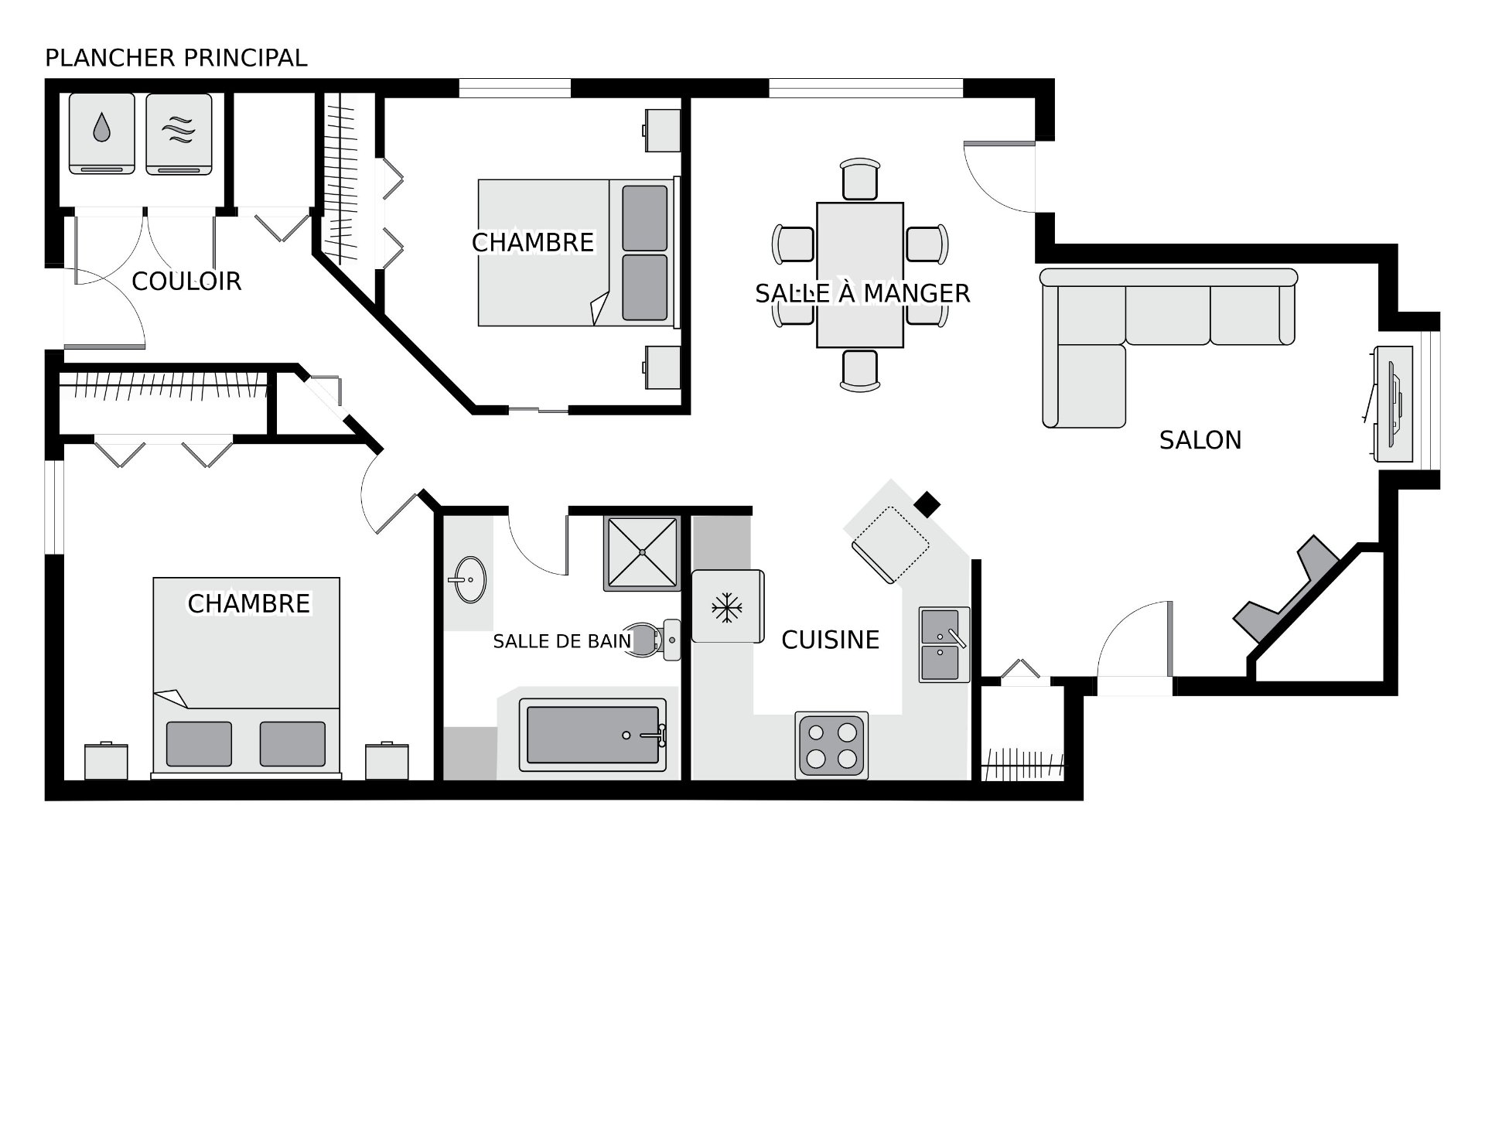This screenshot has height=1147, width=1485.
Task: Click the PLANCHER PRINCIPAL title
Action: pos(176,58)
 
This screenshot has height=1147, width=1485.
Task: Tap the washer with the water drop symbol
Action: pos(102,134)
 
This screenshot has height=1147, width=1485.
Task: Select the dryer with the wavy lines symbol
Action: pos(179,134)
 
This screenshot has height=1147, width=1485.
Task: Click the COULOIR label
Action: pos(186,281)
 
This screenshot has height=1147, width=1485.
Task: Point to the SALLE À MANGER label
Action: pos(862,293)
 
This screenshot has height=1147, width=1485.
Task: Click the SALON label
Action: pos(1200,440)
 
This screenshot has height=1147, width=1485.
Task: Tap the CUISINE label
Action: pos(830,640)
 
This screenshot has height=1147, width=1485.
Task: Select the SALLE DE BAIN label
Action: pos(562,641)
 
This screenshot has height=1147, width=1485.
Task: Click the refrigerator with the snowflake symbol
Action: pos(727,606)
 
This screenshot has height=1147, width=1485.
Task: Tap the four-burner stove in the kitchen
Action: pos(831,746)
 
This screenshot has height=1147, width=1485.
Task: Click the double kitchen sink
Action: pos(944,644)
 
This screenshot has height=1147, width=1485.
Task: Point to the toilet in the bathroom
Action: pos(651,640)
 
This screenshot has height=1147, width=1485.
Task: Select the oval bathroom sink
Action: pos(468,579)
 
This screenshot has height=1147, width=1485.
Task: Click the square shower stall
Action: pos(642,553)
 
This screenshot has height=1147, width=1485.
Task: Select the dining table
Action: pos(860,275)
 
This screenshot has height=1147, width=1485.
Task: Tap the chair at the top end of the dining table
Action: pos(860,179)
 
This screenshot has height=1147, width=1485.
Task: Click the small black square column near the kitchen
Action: pos(927,504)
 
